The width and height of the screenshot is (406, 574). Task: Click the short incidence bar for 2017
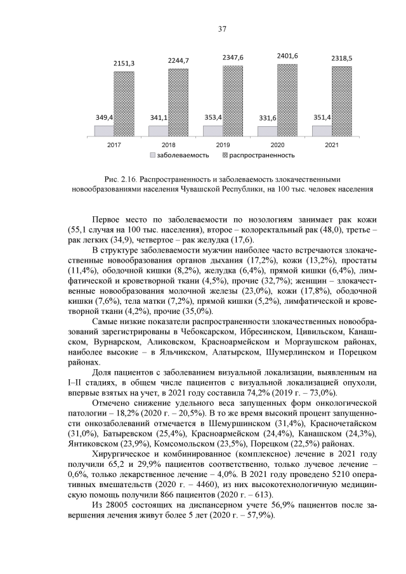pos(103,131)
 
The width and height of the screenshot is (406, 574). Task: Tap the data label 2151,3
pos(124,63)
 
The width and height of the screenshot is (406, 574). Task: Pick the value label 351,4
pos(321,117)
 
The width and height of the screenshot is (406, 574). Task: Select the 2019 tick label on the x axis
pos(223,145)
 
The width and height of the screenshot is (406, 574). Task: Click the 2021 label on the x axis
pos(331,145)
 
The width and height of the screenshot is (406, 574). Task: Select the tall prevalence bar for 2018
pos(178,103)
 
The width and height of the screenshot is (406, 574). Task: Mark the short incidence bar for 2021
pos(321,131)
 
